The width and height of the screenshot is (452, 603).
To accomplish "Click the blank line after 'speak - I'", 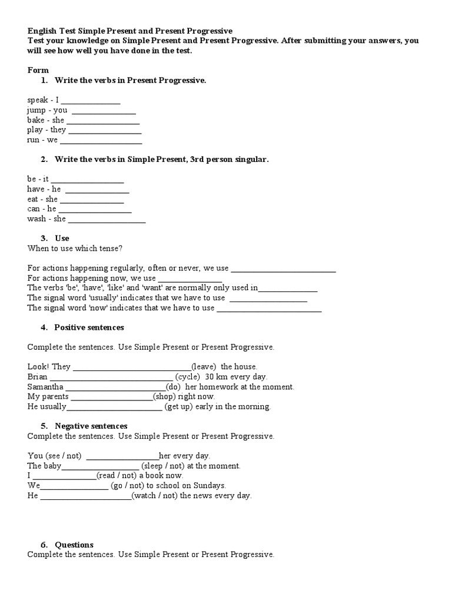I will [91, 101].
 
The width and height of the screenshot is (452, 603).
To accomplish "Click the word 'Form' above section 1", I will [38, 70].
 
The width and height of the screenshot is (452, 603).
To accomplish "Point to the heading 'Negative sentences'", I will [91, 426].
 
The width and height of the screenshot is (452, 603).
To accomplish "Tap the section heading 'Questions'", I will [74, 545].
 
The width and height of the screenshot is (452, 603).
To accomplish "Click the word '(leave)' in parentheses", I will [204, 366].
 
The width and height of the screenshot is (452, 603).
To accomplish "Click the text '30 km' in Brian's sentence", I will [215, 376].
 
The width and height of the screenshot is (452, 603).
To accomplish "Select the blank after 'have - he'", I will [97, 190].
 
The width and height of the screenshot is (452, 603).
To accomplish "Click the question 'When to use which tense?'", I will [75, 248].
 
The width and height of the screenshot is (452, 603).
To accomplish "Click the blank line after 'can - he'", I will [95, 210].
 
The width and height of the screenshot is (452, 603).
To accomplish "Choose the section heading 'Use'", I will [62, 238].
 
